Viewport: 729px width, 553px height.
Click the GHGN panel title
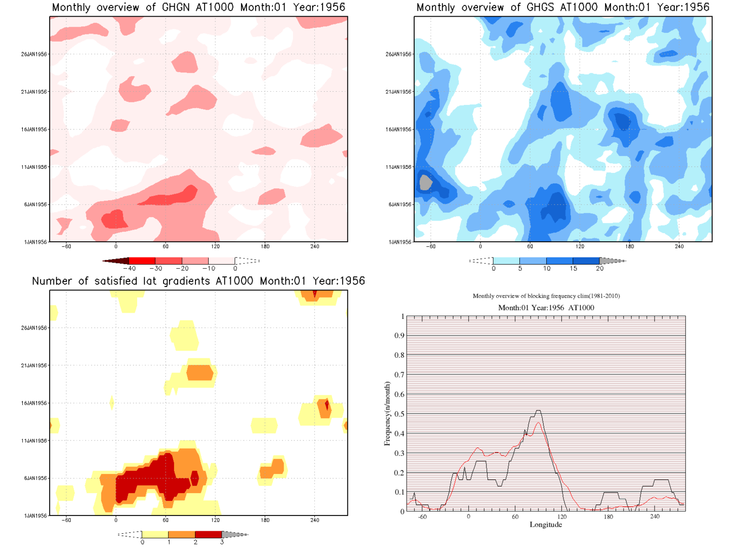(x=198, y=8)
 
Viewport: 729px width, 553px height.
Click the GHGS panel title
(x=562, y=8)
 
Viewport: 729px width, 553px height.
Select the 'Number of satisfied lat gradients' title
(x=198, y=281)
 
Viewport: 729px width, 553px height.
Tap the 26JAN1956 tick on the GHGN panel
(x=34, y=54)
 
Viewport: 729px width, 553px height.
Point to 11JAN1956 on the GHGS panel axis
(x=398, y=167)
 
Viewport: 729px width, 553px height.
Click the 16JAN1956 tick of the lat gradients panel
(x=34, y=403)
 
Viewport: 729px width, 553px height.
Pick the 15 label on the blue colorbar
(x=573, y=269)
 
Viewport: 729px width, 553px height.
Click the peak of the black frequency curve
(x=538, y=411)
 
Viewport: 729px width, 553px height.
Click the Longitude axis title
(x=546, y=525)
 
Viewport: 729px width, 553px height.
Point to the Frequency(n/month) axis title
(x=387, y=414)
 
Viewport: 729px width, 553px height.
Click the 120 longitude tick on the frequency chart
(x=562, y=517)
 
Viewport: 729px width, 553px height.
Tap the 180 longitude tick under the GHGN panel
(x=265, y=246)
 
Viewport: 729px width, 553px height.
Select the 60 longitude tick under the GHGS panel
(x=530, y=246)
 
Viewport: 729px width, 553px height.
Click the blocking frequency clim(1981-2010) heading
(x=546, y=296)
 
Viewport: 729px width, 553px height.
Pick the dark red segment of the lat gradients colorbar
(x=208, y=534)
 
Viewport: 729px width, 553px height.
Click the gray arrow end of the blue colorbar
(x=613, y=261)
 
